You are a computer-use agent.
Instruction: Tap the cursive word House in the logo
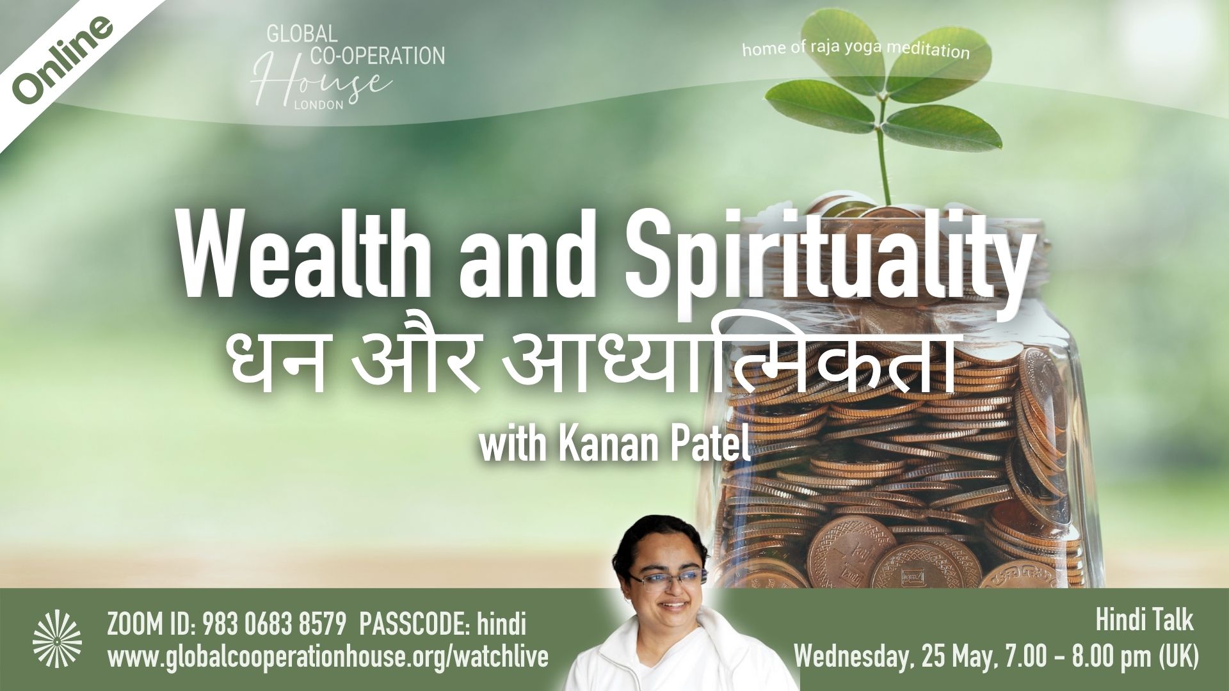tap(320, 85)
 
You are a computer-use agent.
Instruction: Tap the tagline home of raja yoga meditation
tap(856, 51)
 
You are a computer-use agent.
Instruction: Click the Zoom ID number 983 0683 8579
tap(275, 623)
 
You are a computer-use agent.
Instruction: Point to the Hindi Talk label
tap(1144, 621)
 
